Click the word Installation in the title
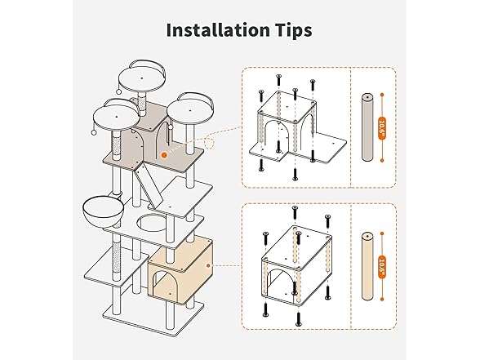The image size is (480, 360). click(218, 30)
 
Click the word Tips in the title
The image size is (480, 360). click(293, 31)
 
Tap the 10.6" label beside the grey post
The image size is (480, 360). click(382, 128)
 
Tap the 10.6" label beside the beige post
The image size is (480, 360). click(382, 267)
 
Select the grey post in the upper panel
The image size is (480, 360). click(367, 127)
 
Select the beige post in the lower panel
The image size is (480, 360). click(367, 266)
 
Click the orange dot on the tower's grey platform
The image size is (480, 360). click(164, 155)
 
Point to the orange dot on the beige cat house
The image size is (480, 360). click(209, 266)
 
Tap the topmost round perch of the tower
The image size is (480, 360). click(142, 79)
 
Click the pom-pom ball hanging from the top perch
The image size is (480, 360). click(118, 91)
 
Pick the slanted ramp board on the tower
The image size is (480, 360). click(146, 186)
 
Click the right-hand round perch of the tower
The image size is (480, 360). click(190, 111)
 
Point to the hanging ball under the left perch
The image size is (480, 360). click(93, 132)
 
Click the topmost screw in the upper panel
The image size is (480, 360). click(278, 80)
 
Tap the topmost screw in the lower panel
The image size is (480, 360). click(295, 212)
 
